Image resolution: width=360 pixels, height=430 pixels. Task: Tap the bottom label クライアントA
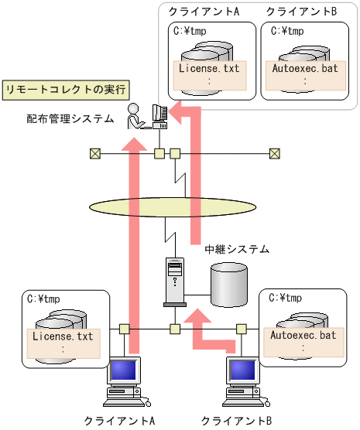120,421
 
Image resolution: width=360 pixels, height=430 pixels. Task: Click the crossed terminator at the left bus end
94,152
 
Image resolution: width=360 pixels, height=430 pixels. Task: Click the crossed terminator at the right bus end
274,152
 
